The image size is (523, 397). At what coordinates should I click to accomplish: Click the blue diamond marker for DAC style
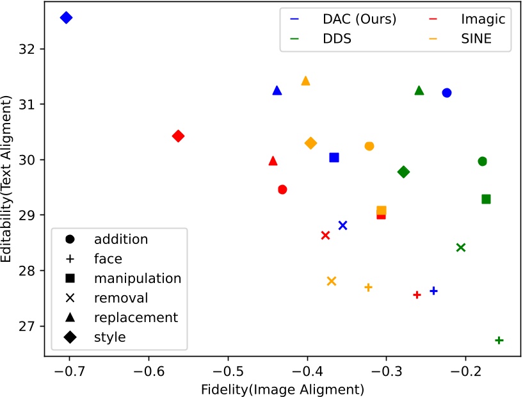(x=66, y=18)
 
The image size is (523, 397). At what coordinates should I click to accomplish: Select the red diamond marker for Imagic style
(x=179, y=136)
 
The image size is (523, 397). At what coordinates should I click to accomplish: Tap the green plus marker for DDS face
(x=499, y=340)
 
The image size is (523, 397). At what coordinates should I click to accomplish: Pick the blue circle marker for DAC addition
(x=447, y=93)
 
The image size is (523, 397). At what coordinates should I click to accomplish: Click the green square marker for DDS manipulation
(x=486, y=199)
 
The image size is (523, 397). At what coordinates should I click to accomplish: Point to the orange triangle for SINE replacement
(x=305, y=81)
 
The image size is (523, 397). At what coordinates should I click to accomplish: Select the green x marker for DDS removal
(x=461, y=247)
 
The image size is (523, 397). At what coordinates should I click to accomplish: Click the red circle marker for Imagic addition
(x=282, y=190)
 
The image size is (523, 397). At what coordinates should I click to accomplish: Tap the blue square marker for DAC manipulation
(x=334, y=158)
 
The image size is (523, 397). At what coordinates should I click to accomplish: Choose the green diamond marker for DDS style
(x=403, y=172)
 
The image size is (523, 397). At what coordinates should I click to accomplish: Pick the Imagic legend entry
(x=481, y=19)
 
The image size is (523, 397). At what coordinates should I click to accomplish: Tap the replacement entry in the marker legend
(x=135, y=317)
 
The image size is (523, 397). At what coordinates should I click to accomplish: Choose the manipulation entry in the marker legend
(x=137, y=279)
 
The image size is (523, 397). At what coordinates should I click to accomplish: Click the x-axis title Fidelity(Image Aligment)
(x=282, y=389)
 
